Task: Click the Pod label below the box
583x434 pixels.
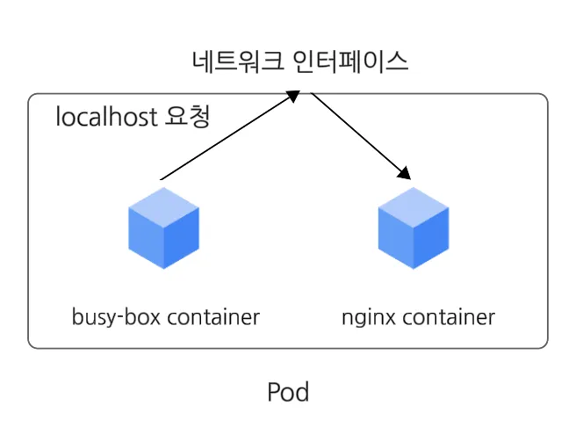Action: coord(288,392)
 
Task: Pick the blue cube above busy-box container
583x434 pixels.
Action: coord(163,228)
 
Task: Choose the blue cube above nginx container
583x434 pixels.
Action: coord(414,228)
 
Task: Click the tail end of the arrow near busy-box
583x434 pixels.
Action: coord(162,179)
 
